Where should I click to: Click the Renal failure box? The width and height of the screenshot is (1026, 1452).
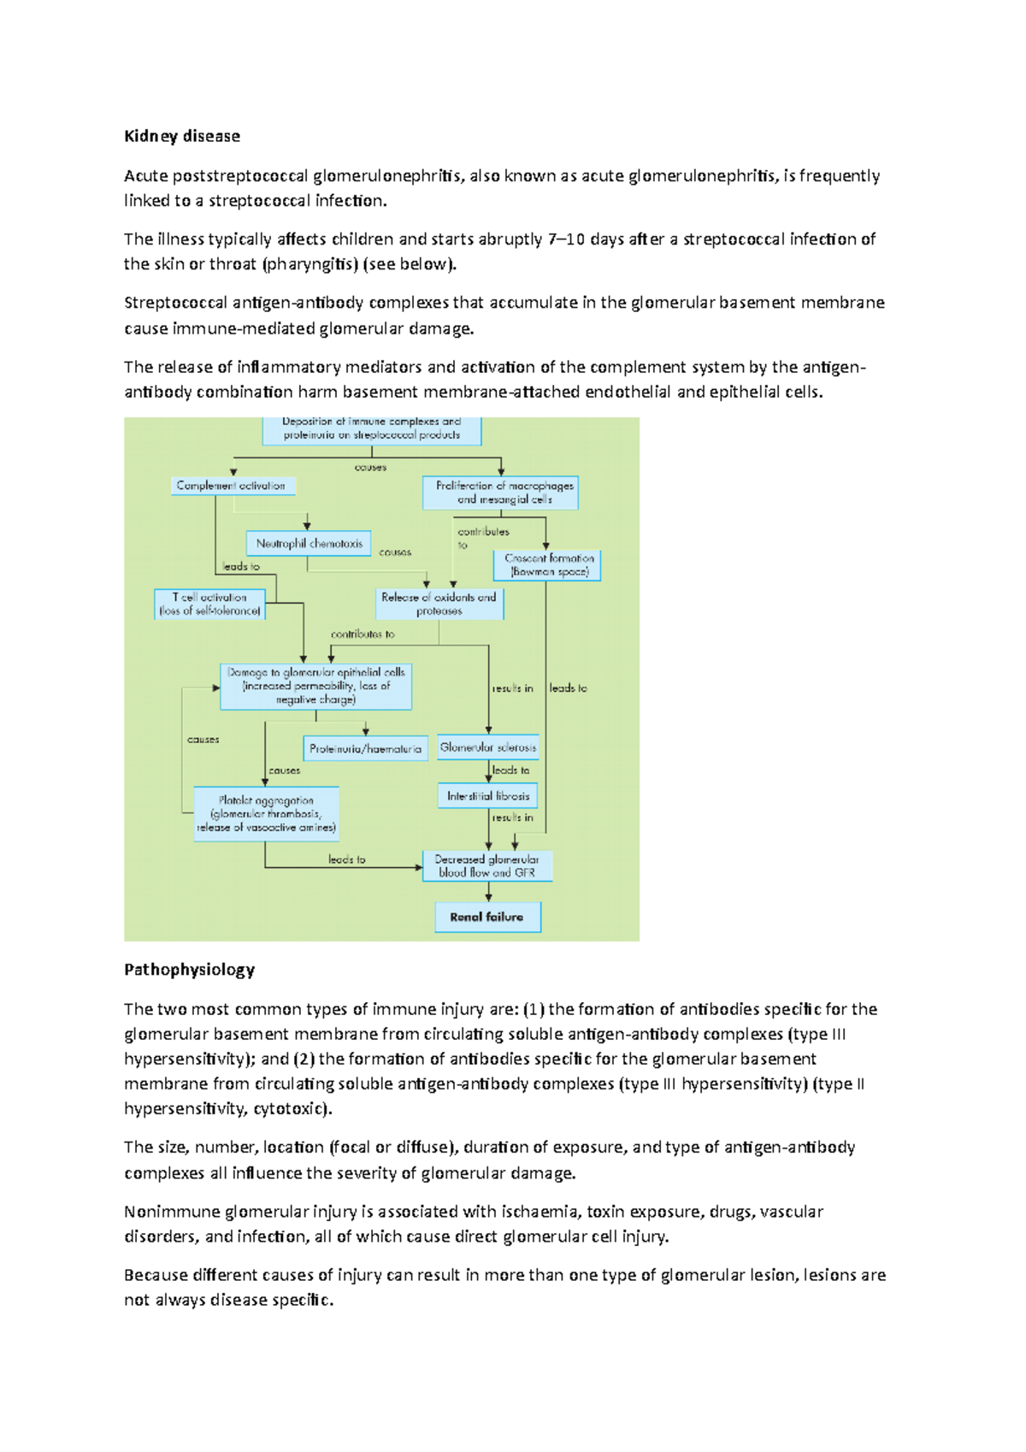pyautogui.click(x=487, y=917)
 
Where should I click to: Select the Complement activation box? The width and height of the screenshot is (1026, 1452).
pyautogui.click(x=233, y=486)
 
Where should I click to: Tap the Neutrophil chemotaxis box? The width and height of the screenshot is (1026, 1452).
pyautogui.click(x=309, y=543)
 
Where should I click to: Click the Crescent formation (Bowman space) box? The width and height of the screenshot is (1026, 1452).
pyautogui.click(x=547, y=564)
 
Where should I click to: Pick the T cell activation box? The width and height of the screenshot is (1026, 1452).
pyautogui.click(x=209, y=604)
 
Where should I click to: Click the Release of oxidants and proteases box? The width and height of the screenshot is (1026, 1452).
pyautogui.click(x=439, y=604)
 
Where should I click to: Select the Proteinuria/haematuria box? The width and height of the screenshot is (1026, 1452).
pyautogui.click(x=365, y=748)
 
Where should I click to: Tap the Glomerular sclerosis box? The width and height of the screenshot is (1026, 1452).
pyautogui.click(x=488, y=747)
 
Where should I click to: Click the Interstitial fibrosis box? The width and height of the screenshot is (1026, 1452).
pyautogui.click(x=488, y=795)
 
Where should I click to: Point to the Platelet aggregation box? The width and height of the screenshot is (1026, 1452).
pyautogui.click(x=266, y=814)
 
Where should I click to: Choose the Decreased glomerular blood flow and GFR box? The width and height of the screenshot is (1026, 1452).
pyautogui.click(x=487, y=865)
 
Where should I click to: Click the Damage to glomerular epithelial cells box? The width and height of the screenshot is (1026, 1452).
pyautogui.click(x=315, y=686)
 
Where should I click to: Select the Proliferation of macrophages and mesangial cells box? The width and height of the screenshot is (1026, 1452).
pyautogui.click(x=501, y=493)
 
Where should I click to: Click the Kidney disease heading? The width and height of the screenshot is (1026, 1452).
pyautogui.click(x=182, y=136)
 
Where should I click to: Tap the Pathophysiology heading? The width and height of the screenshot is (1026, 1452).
pyautogui.click(x=189, y=969)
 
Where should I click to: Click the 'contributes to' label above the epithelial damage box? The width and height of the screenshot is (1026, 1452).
pyautogui.click(x=363, y=634)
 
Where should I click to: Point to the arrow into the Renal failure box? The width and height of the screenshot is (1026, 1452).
pyautogui.click(x=488, y=893)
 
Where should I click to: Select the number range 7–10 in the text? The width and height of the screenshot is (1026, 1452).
pyautogui.click(x=565, y=239)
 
